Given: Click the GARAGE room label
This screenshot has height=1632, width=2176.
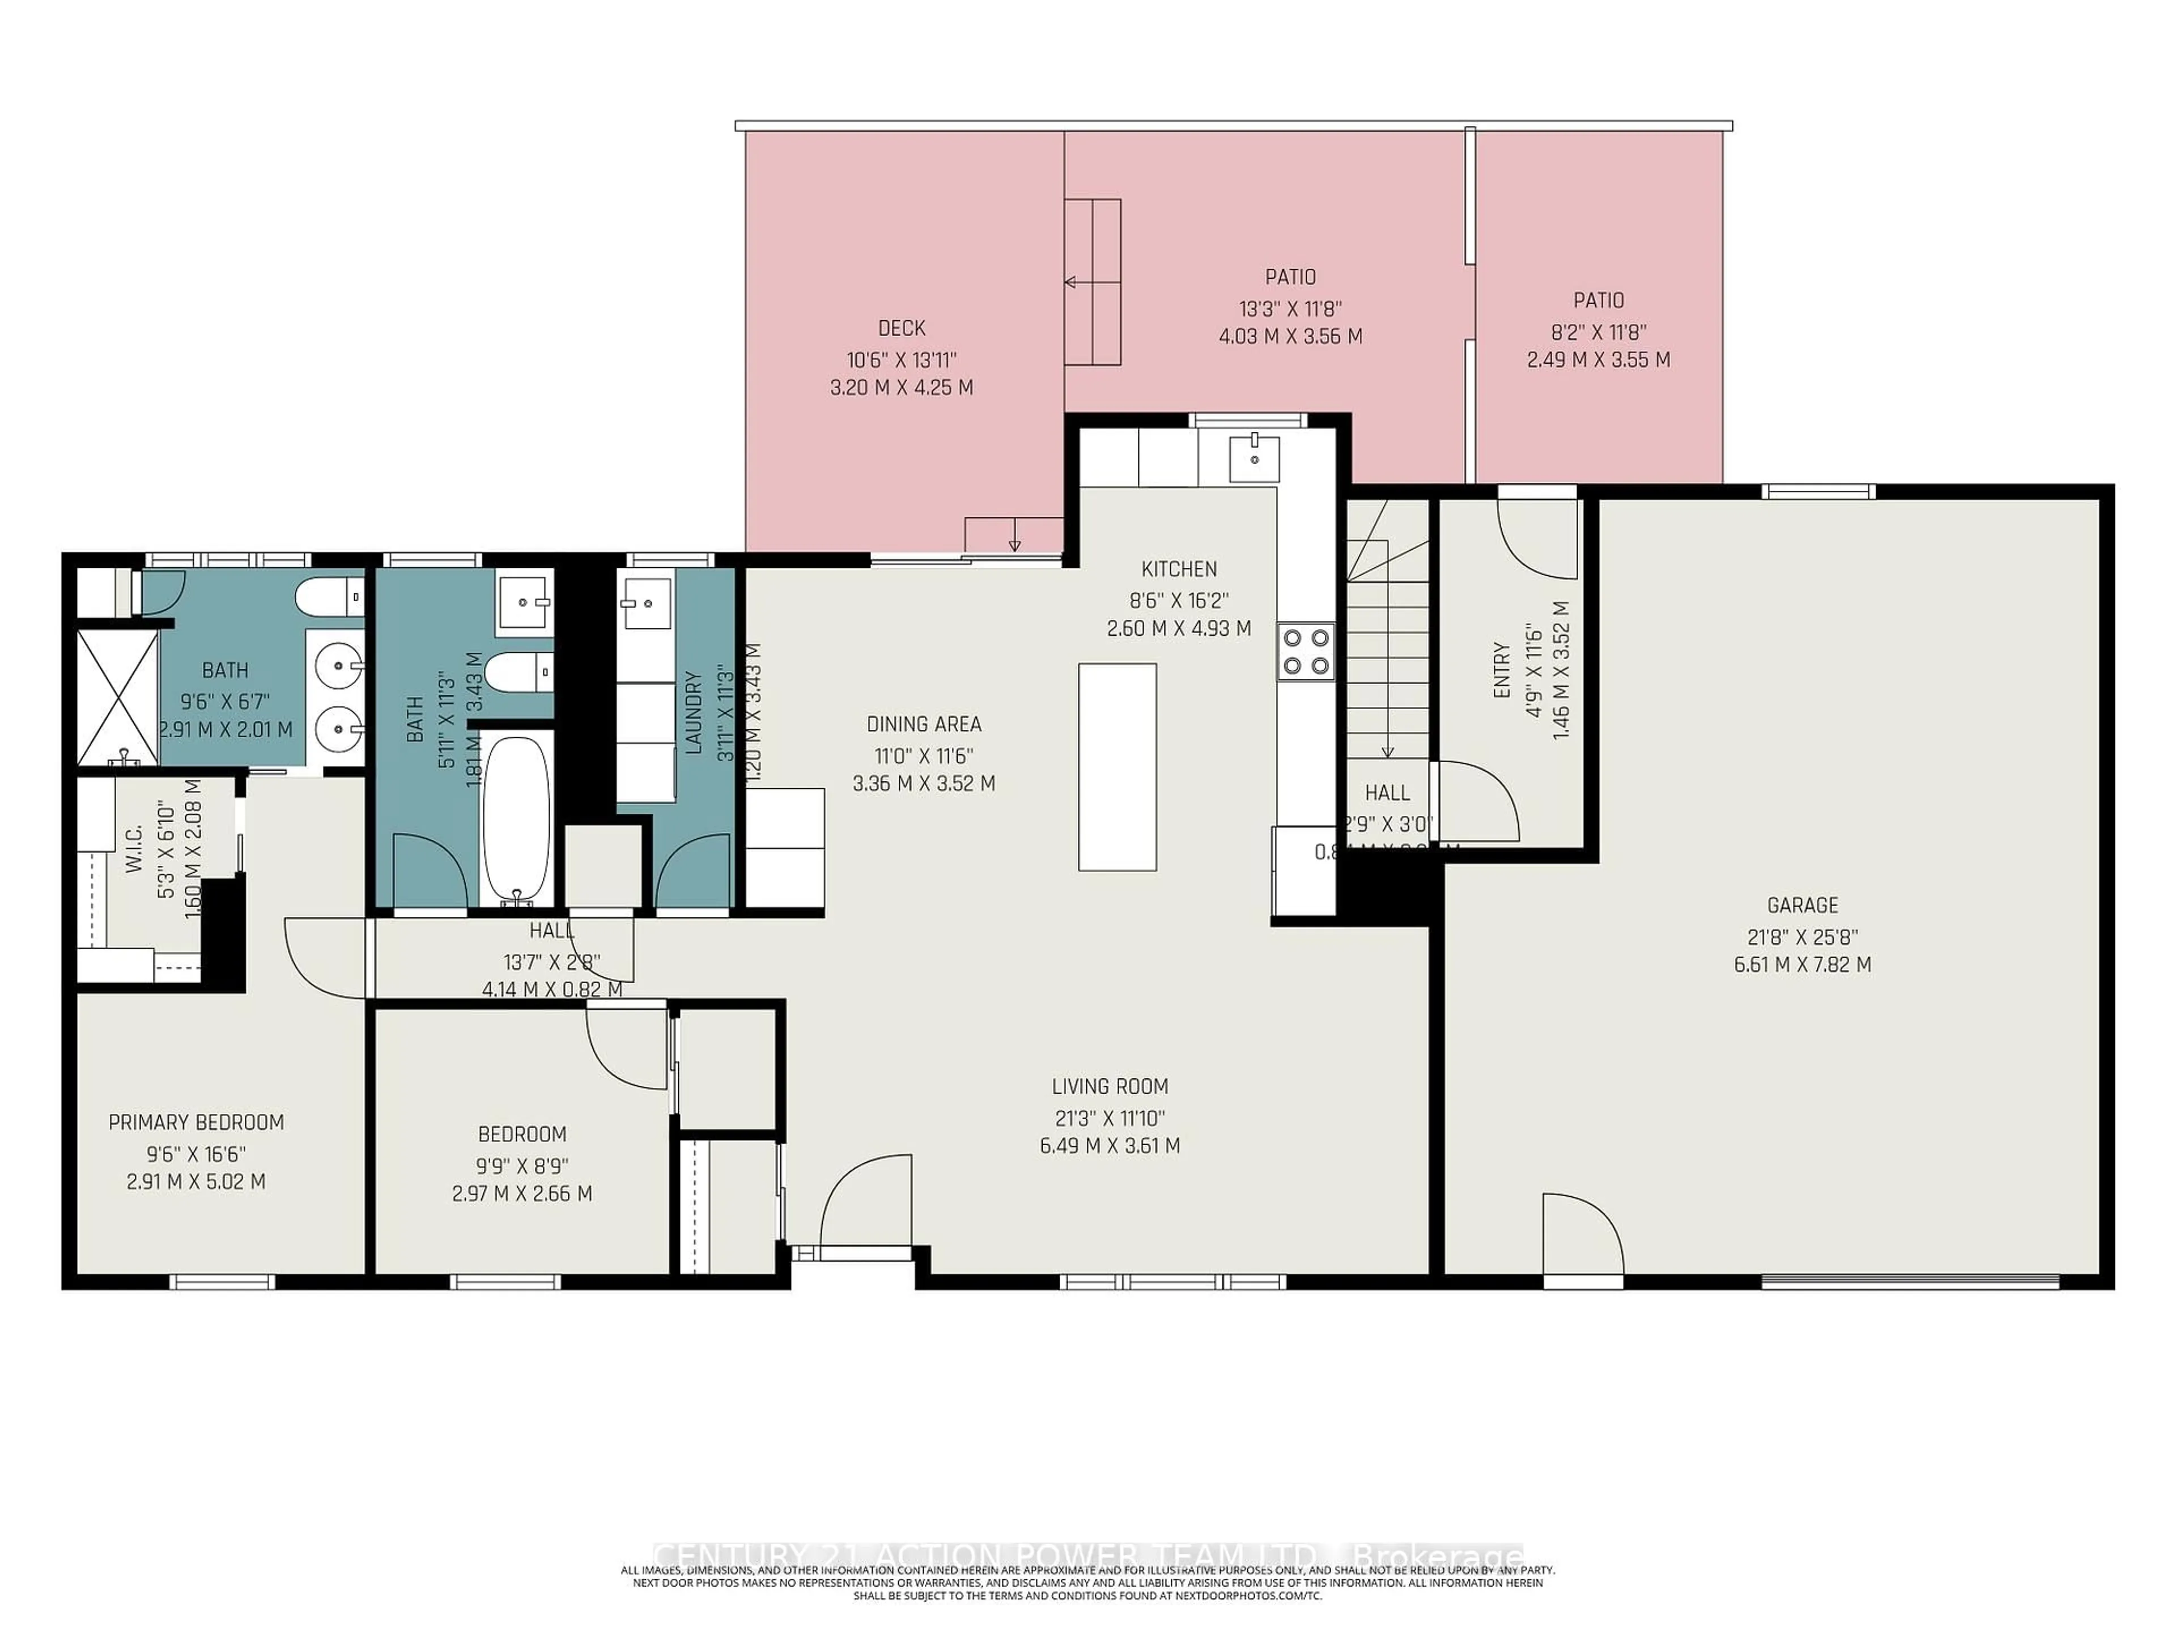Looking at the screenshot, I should pos(1801,905).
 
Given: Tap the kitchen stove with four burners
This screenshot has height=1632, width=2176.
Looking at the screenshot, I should pos(1306,651).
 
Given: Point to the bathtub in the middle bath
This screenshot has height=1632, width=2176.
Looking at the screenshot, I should pos(516,819).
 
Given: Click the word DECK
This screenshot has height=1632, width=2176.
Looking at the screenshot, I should pos(901,329).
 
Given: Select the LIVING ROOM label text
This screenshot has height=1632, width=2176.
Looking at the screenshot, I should pos(1110,1086).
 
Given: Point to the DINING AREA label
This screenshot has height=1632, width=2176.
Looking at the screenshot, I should pos(924,725).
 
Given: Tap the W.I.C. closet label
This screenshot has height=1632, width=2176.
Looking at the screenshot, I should pos(135,848).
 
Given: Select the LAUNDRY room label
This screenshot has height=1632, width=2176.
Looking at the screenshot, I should pos(694,713).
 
